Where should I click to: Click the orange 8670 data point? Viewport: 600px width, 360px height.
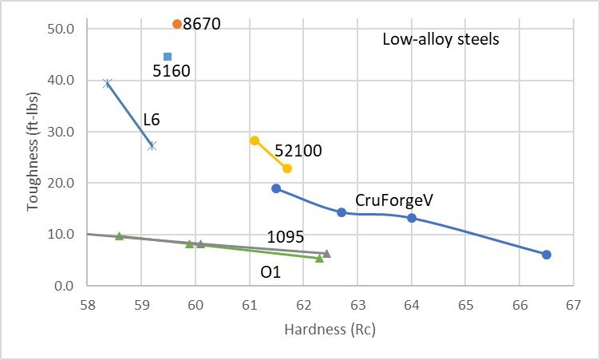tap(177, 24)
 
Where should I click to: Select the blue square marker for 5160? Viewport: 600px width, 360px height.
tap(168, 57)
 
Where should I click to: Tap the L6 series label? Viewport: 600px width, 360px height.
tap(152, 121)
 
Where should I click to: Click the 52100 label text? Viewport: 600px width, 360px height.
tap(298, 150)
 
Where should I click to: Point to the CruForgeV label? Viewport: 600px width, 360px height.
tap(395, 200)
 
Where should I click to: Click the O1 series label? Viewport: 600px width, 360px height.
tap(270, 272)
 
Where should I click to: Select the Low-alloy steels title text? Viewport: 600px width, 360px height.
tap(440, 38)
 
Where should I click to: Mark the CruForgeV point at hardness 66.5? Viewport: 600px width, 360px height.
tap(547, 255)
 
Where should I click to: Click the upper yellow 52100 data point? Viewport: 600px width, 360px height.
tap(255, 140)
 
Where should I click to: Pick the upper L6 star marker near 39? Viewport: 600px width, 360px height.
tap(108, 83)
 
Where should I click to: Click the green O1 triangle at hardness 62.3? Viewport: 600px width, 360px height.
tap(319, 258)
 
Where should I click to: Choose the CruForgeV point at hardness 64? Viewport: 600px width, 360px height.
tap(412, 218)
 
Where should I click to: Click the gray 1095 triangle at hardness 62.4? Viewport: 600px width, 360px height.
tap(326, 254)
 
